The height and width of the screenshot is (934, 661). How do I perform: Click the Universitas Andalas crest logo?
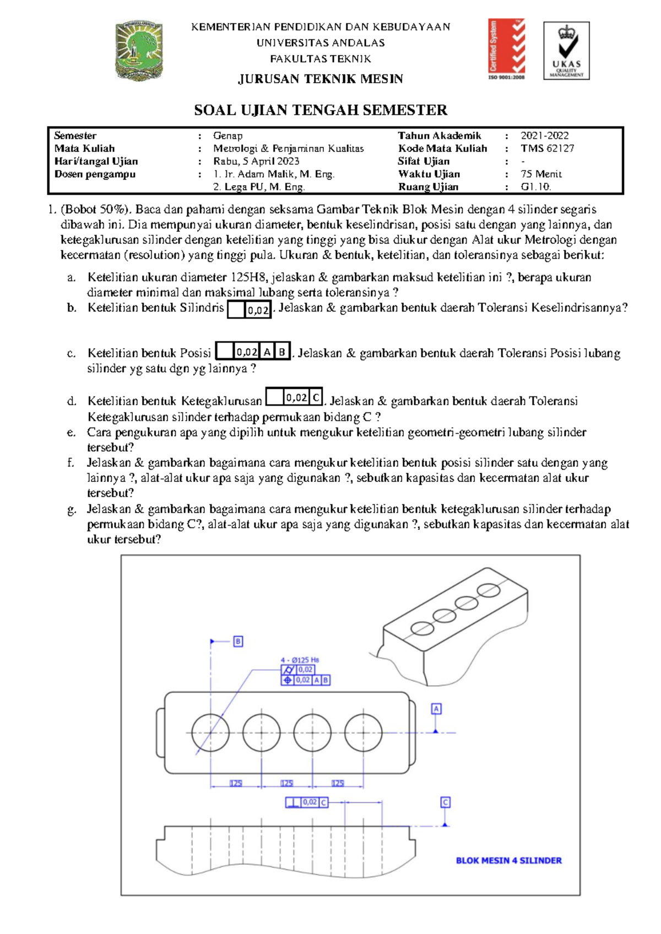pyautogui.click(x=139, y=51)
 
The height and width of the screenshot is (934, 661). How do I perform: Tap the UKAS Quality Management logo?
pyautogui.click(x=566, y=51)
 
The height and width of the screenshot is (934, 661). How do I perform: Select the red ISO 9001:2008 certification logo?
pyautogui.click(x=506, y=49)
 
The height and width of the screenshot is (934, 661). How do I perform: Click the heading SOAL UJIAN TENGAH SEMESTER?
pyautogui.click(x=321, y=110)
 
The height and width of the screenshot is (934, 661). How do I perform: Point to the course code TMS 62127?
pyautogui.click(x=548, y=148)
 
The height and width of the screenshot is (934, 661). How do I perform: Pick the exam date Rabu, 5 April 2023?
pyautogui.click(x=256, y=161)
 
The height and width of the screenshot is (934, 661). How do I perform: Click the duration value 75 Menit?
pyautogui.click(x=541, y=174)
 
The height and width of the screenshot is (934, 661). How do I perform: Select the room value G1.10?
pyautogui.click(x=535, y=187)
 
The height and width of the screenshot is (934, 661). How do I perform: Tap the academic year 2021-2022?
pyautogui.click(x=544, y=135)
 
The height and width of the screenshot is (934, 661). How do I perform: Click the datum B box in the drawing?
pyautogui.click(x=238, y=642)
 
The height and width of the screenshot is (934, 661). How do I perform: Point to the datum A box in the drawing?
pyautogui.click(x=436, y=709)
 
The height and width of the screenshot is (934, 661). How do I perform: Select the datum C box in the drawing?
pyautogui.click(x=445, y=802)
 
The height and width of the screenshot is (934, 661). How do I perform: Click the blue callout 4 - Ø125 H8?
pyautogui.click(x=300, y=660)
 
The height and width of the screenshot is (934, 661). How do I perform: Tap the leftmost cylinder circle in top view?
pyautogui.click(x=210, y=732)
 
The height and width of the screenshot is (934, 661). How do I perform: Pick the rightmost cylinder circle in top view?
pyautogui.click(x=363, y=732)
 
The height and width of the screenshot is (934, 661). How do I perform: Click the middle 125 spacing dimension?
pyautogui.click(x=286, y=783)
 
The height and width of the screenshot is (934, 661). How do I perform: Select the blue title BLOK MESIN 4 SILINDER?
pyautogui.click(x=508, y=860)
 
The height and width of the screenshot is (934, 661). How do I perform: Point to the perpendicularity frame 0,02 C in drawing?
pyautogui.click(x=306, y=802)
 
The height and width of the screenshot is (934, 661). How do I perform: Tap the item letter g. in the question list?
pyautogui.click(x=72, y=509)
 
